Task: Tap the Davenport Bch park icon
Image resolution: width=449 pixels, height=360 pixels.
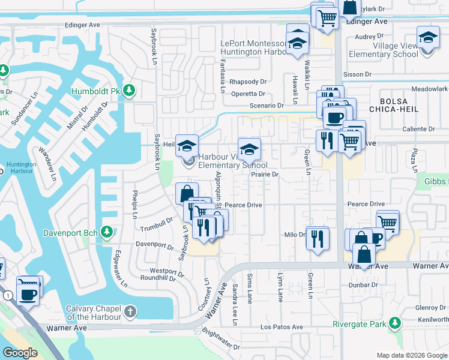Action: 107,232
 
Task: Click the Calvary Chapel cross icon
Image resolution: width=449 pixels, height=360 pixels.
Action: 130,312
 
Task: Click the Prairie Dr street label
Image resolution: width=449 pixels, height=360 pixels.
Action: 265,175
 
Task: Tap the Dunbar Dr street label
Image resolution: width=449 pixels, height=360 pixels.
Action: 363,285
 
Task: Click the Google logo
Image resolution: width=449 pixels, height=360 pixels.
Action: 20,353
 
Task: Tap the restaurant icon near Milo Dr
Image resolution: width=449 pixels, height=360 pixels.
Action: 318,239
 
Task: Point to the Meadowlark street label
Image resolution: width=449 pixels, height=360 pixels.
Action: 430,89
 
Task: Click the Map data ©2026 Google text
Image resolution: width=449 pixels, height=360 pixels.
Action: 411,355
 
